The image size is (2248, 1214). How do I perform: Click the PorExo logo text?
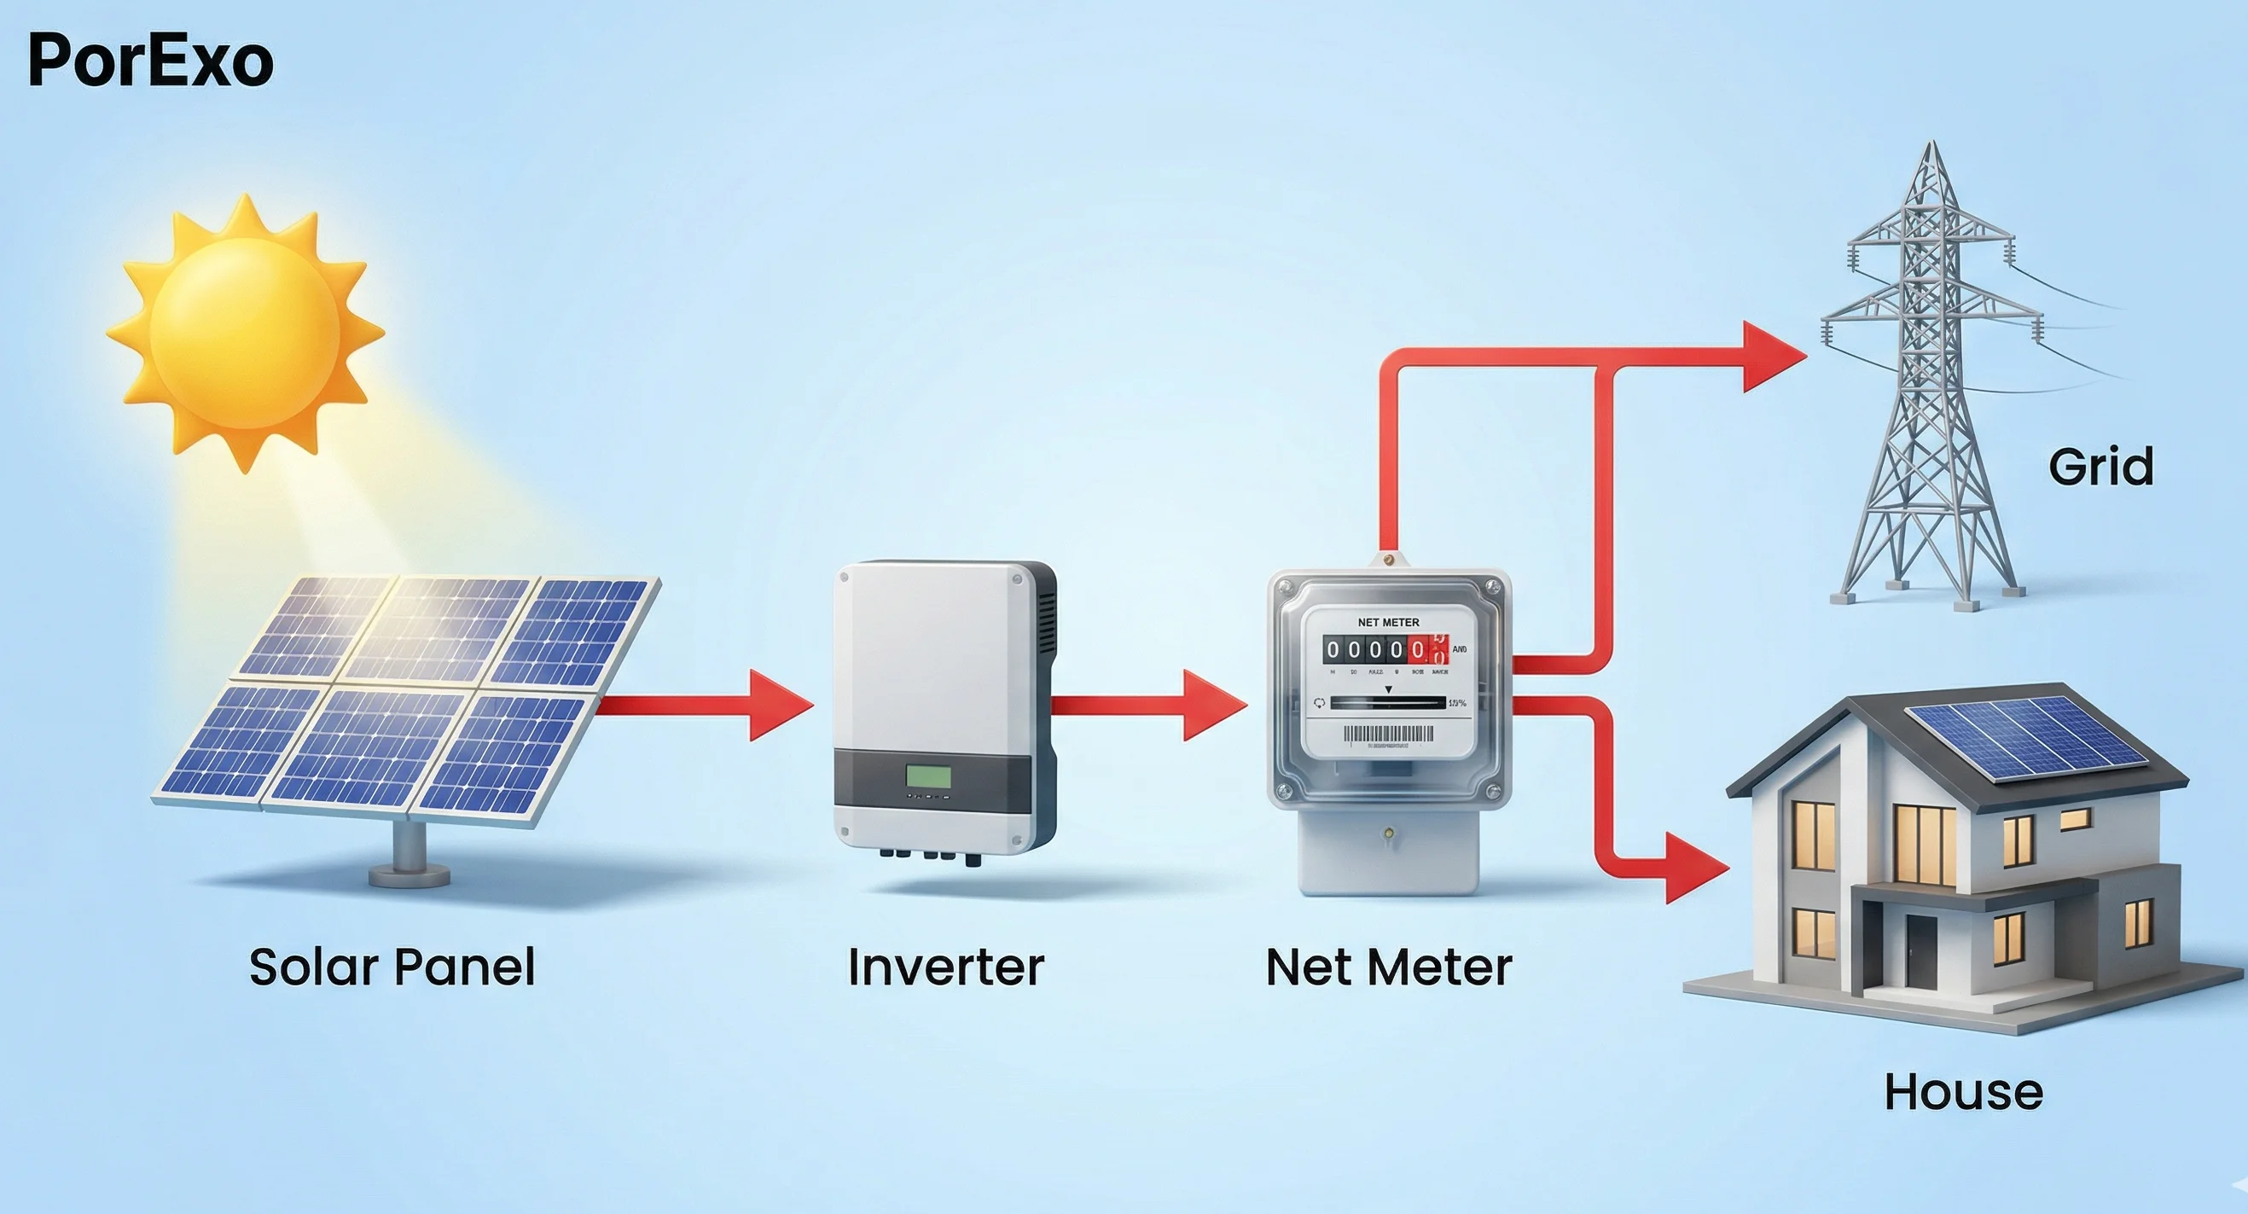(150, 61)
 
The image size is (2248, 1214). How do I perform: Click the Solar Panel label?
(392, 967)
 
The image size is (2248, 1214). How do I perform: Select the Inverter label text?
(946, 967)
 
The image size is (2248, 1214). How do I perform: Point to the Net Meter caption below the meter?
(1388, 967)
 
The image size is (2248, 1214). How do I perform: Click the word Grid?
(2100, 467)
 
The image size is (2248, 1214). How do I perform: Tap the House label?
(1964, 1092)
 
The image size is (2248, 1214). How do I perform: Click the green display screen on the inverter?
(927, 775)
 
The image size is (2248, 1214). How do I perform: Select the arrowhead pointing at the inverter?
(779, 706)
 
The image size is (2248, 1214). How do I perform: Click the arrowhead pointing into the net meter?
(1213, 706)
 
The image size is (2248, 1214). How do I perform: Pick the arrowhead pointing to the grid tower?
(1771, 356)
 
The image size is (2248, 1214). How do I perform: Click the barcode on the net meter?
(1387, 734)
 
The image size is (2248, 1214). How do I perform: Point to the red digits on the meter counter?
(1427, 649)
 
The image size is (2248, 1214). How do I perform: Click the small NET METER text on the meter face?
(1387, 622)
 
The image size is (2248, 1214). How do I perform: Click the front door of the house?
(1920, 951)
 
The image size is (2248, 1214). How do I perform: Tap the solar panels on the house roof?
(2024, 737)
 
